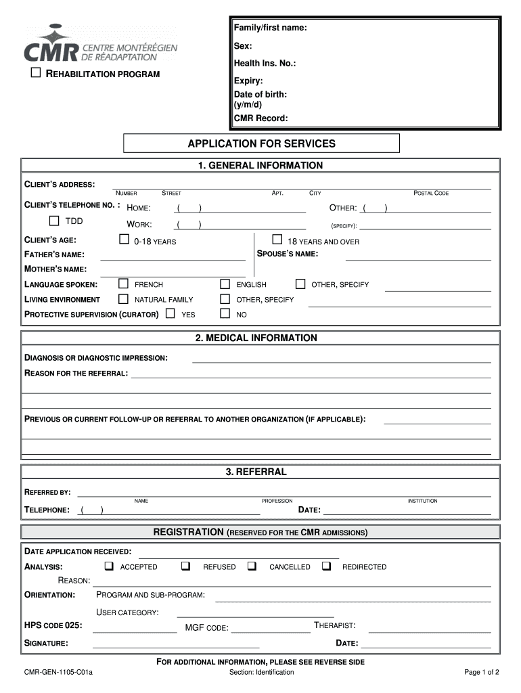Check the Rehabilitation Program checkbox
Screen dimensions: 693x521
pos(37,73)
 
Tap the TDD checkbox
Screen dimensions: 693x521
pos(54,221)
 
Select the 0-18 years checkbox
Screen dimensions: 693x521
pos(124,239)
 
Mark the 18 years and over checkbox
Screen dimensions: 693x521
pos(277,239)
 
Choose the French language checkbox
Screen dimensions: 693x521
pos(123,284)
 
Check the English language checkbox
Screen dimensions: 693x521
pos(225,284)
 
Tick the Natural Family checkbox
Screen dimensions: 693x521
pos(123,298)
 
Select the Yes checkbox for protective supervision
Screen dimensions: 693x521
pos(170,313)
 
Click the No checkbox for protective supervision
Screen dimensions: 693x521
pos(225,313)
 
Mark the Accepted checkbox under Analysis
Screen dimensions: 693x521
pos(108,566)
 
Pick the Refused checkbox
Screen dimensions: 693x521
pos(185,566)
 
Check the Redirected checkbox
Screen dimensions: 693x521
pos(326,566)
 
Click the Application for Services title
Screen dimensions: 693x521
pos(261,143)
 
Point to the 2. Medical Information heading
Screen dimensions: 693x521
pos(261,338)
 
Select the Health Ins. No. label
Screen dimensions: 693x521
pos(265,64)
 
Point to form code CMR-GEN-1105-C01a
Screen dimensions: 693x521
pos(58,673)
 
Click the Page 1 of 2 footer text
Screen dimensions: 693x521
pos(481,673)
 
